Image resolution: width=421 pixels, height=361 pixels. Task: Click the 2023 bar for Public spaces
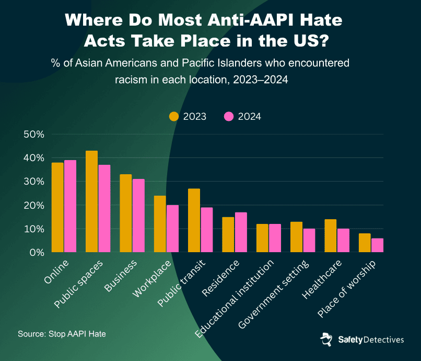pyautogui.click(x=91, y=201)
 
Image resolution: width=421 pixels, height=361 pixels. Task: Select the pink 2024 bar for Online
pyautogui.click(x=70, y=206)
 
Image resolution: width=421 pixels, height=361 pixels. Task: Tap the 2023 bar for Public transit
pyautogui.click(x=194, y=220)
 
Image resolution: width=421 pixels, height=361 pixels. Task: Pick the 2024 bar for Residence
pyautogui.click(x=241, y=232)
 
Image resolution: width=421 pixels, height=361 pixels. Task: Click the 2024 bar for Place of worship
pyautogui.click(x=377, y=245)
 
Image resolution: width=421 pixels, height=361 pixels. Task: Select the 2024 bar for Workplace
pyautogui.click(x=172, y=229)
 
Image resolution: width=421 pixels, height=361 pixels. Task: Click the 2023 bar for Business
pyautogui.click(x=126, y=213)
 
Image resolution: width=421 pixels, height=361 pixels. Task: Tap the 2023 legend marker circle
pyautogui.click(x=174, y=117)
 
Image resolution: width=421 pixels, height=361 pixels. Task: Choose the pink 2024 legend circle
pyautogui.click(x=229, y=117)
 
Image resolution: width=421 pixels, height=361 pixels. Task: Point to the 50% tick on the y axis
pyautogui.click(x=34, y=134)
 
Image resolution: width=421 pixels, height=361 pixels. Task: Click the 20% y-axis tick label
pyautogui.click(x=34, y=205)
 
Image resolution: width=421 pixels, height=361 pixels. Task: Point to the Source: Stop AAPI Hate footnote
pyautogui.click(x=62, y=333)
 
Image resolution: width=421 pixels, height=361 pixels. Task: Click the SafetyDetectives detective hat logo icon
pyautogui.click(x=326, y=339)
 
